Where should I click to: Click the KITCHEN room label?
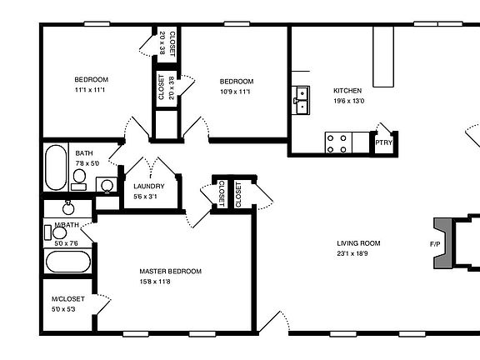point(347,90)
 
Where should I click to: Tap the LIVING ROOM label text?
point(358,243)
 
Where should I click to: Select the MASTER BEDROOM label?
point(170,272)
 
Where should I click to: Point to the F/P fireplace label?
point(435,245)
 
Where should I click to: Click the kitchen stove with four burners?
point(337,144)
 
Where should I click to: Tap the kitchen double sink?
point(301,100)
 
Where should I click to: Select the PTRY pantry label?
point(383,143)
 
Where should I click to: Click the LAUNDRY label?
point(148,187)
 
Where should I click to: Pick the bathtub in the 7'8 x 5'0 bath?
point(56,167)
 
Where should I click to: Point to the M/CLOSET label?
point(64,299)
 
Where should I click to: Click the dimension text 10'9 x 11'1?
point(236,91)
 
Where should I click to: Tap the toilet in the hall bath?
point(105,185)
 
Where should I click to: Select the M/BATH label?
point(67,226)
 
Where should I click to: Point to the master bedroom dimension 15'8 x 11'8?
point(170,282)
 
